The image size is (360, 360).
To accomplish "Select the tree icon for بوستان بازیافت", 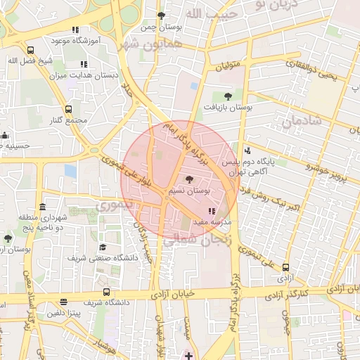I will coord(227,96).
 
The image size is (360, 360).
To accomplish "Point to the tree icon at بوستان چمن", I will coord(162,15).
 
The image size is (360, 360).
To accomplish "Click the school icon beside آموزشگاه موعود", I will coord(75,30).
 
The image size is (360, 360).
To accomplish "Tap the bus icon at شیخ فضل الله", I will coord(30,50).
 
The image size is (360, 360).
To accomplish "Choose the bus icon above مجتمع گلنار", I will coord(68,109).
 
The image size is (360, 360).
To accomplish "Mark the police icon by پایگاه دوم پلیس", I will coord(247,150).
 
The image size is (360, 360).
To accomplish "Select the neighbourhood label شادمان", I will coord(302,121).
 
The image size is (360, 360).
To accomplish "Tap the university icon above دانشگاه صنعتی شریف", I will coord(103,247).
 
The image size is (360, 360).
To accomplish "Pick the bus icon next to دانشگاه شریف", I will coord(106,292).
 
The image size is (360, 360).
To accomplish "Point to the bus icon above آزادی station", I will coord(285,267).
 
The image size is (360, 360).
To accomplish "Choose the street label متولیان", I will coord(226,66).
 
